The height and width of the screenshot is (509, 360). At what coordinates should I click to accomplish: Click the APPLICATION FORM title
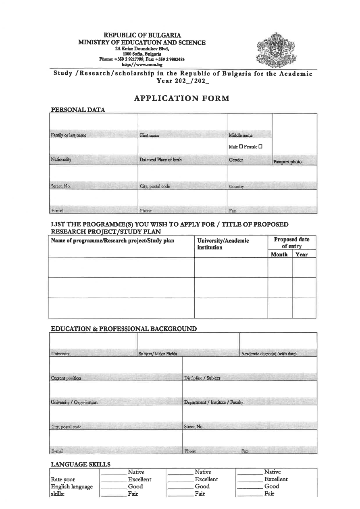(181, 98)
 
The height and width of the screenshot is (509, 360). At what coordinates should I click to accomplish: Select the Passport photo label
(287, 162)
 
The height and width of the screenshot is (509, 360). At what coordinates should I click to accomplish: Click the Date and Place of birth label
(160, 160)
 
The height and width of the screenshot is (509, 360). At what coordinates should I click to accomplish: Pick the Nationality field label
(61, 160)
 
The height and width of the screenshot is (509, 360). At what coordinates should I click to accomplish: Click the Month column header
(279, 255)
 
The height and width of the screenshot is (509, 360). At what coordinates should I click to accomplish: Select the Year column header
(302, 255)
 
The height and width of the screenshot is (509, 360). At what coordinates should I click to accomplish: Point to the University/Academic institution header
(223, 244)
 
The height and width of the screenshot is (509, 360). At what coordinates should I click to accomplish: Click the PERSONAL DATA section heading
(78, 110)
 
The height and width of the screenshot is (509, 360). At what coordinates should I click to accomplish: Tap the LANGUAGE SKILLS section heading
(81, 465)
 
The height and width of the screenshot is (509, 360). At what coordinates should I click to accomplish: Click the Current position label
(66, 378)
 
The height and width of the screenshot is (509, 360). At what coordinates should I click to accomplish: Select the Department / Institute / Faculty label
(213, 402)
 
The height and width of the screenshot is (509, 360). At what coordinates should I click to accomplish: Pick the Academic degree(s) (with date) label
(269, 354)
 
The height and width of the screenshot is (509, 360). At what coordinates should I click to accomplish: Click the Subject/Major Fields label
(155, 354)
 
